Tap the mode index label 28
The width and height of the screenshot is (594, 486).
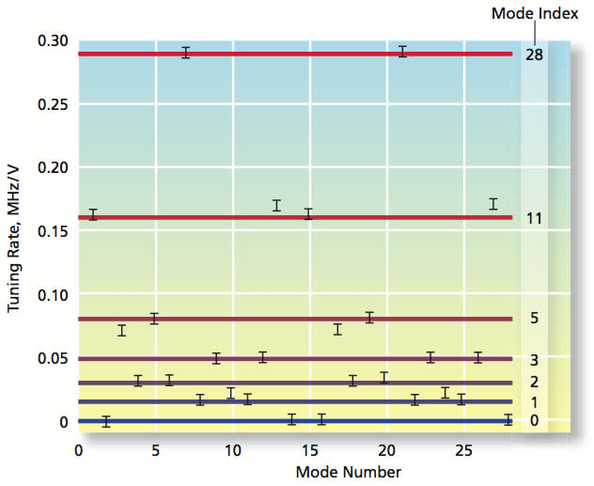(534, 55)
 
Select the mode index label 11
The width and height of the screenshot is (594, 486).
(534, 219)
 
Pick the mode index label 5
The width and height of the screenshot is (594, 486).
(534, 319)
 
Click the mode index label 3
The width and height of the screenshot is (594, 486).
(534, 360)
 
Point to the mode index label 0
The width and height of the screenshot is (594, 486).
(534, 420)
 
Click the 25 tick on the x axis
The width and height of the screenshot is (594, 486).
(463, 452)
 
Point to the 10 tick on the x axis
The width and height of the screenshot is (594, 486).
(232, 452)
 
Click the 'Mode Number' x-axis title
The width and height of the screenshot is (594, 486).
(348, 471)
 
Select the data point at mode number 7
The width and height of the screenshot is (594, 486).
(186, 53)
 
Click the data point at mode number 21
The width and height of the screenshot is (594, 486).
(402, 51)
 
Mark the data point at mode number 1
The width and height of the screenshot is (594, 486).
(93, 214)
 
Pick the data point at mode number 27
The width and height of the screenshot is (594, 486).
(493, 204)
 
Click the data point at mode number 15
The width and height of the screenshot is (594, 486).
(308, 213)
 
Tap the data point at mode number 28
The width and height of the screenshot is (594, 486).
(508, 419)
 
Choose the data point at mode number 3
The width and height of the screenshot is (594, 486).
(122, 330)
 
